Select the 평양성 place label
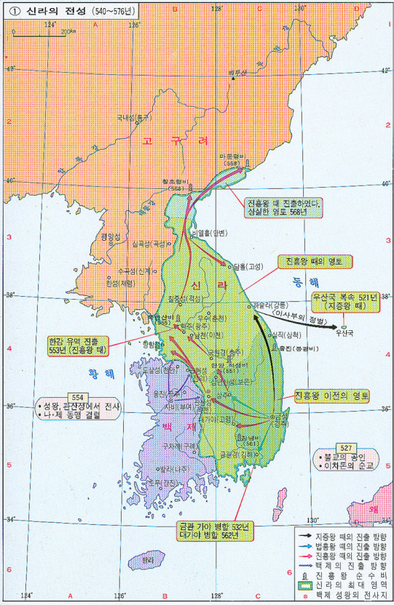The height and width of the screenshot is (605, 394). tap(109, 236)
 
